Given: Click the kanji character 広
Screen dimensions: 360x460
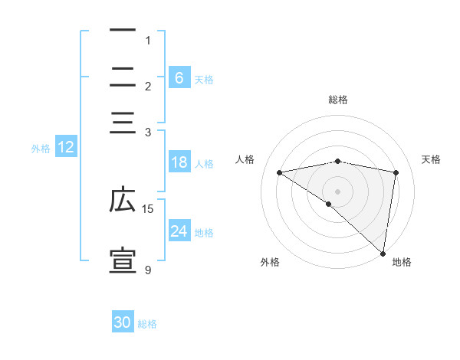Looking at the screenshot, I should pos(123,201).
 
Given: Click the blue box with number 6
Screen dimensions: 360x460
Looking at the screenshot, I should pos(179,77).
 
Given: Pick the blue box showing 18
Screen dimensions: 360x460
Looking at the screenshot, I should pos(179,162).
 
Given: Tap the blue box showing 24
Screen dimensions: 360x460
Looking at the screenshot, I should pos(179,231).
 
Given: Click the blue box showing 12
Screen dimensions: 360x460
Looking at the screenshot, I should pos(65,148).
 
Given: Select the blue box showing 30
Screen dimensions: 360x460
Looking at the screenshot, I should pos(123,322).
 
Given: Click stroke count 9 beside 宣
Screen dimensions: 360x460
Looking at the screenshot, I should pos(148,270).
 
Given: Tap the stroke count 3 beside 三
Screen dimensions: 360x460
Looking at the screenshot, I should pos(148,132).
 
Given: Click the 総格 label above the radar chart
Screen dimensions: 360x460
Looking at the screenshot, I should pos(337,100).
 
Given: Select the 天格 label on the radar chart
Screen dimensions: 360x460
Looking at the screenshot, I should pos(432,159).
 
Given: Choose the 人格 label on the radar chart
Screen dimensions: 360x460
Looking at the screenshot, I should pos(245,159).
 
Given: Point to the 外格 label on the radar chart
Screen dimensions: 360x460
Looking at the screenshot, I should pos(270,262).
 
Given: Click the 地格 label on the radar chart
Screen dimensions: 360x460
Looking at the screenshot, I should pos(402,262).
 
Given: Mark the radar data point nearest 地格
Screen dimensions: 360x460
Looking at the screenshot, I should pos(383,253).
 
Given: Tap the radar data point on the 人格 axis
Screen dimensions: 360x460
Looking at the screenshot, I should pos(280,172).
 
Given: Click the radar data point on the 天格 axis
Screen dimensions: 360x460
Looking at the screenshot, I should pos(396,172).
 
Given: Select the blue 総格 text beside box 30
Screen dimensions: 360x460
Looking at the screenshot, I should pos(147,324).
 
